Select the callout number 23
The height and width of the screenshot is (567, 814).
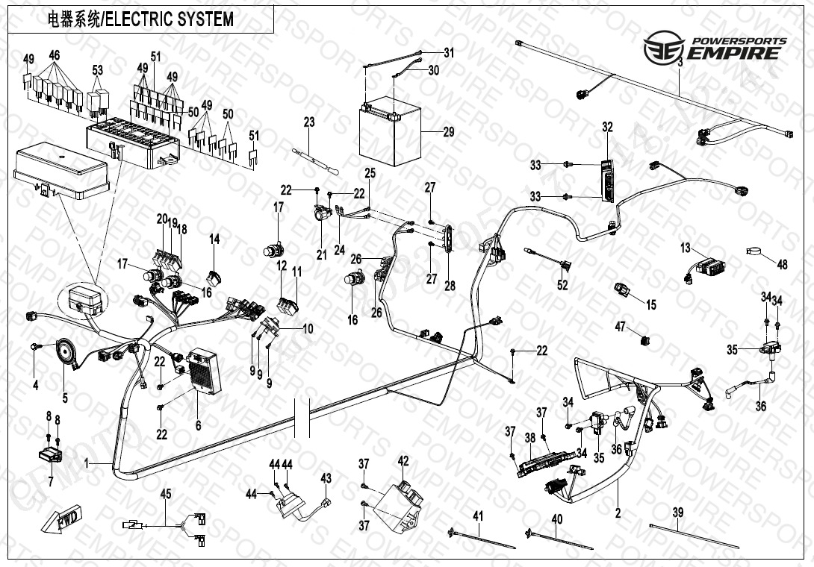click(309, 122)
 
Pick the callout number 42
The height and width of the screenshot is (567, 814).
click(403, 461)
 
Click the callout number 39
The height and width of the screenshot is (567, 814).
click(677, 513)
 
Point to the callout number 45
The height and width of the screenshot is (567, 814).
click(166, 493)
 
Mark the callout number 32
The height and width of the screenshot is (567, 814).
click(607, 128)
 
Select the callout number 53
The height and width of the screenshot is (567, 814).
click(97, 70)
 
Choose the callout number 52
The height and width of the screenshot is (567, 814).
click(562, 285)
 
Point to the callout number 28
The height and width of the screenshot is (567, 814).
click(450, 286)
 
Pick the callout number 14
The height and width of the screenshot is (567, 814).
click(214, 239)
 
